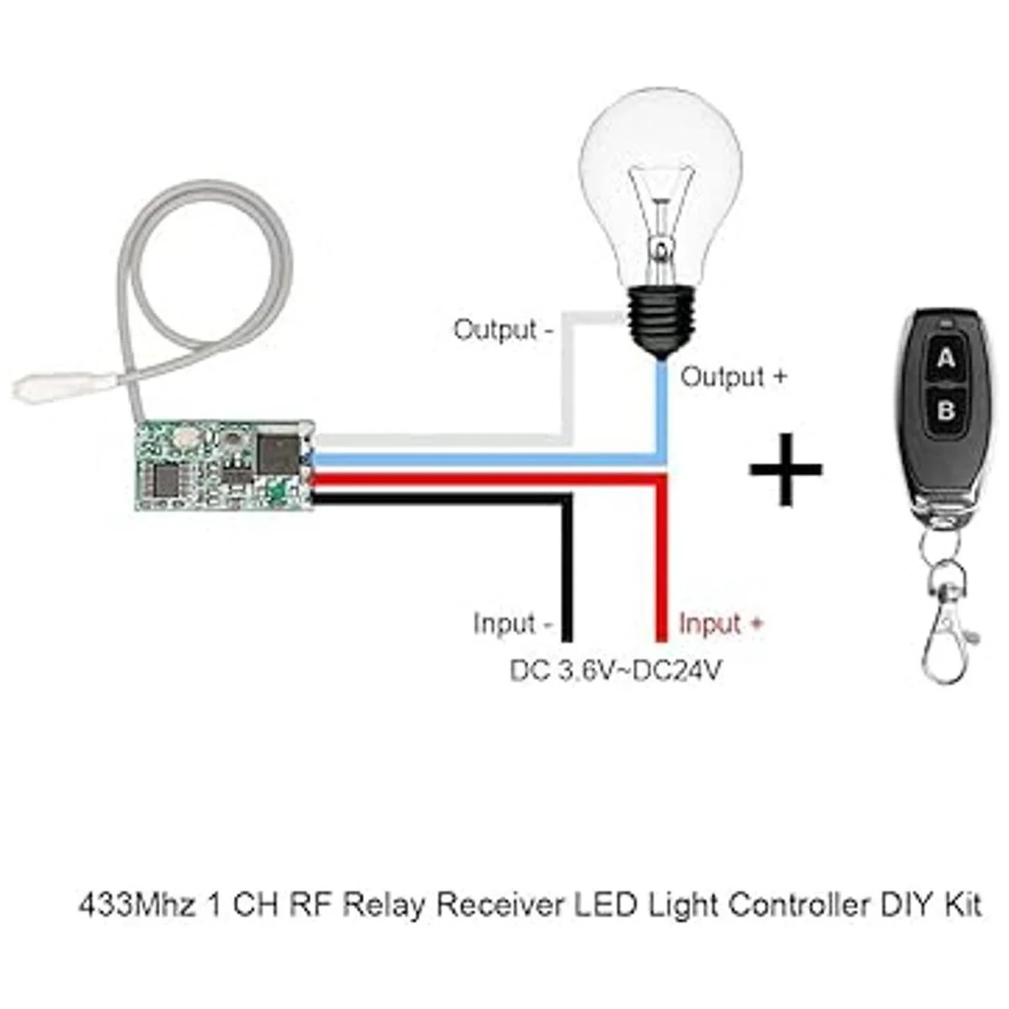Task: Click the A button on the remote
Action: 946,360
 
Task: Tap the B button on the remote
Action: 946,411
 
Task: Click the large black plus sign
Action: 785,469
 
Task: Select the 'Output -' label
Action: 503,330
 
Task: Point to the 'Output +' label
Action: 733,377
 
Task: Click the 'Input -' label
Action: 512,624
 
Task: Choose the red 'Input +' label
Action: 721,624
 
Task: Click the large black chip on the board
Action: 277,452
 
